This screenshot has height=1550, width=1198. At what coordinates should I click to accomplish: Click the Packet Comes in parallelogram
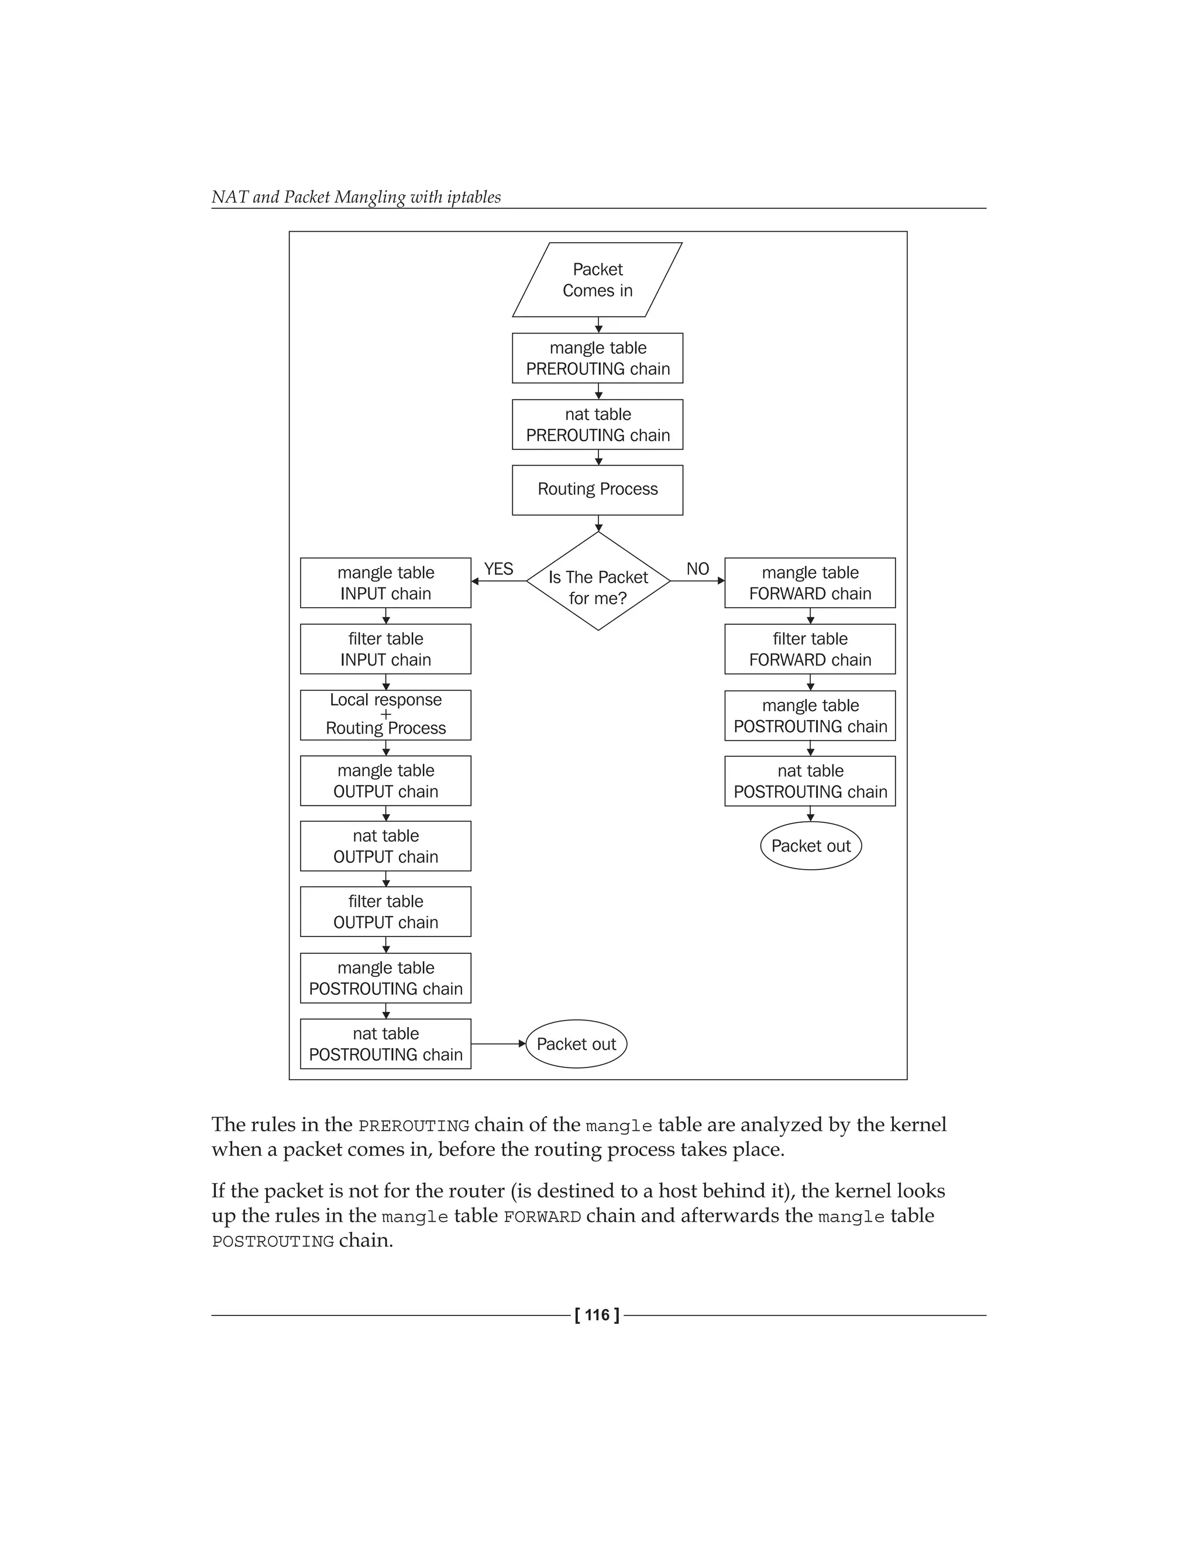(x=598, y=280)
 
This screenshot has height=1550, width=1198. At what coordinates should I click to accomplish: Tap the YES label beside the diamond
(x=498, y=569)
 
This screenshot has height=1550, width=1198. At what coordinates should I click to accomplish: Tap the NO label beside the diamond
(x=698, y=569)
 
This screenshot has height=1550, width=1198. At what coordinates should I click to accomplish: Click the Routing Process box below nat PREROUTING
(x=598, y=490)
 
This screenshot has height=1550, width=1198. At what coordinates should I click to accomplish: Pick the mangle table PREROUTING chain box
(x=598, y=359)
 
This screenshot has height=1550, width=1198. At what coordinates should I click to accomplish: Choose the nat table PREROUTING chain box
(x=598, y=425)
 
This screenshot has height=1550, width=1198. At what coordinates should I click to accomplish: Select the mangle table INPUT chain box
(x=385, y=583)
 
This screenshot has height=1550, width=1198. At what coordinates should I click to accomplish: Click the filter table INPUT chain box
(x=385, y=649)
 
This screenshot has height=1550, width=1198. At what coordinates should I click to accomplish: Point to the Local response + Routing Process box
(x=385, y=715)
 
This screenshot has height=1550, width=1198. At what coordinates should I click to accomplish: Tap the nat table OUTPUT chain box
(x=385, y=846)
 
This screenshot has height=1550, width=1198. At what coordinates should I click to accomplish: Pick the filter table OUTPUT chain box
(x=385, y=911)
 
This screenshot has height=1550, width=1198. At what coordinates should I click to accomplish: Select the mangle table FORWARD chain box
(x=810, y=583)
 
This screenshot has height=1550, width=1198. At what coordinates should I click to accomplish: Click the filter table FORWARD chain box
(x=810, y=649)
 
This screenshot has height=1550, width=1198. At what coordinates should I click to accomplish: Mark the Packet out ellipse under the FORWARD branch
(x=811, y=846)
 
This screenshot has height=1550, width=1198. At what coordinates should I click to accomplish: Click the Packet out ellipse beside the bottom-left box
(x=576, y=1044)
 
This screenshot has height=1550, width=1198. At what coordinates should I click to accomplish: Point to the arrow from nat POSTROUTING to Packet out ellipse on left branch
(x=498, y=1044)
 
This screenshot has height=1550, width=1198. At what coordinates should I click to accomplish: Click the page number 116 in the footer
(x=597, y=1315)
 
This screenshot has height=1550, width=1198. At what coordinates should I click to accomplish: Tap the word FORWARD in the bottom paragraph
(x=542, y=1217)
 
